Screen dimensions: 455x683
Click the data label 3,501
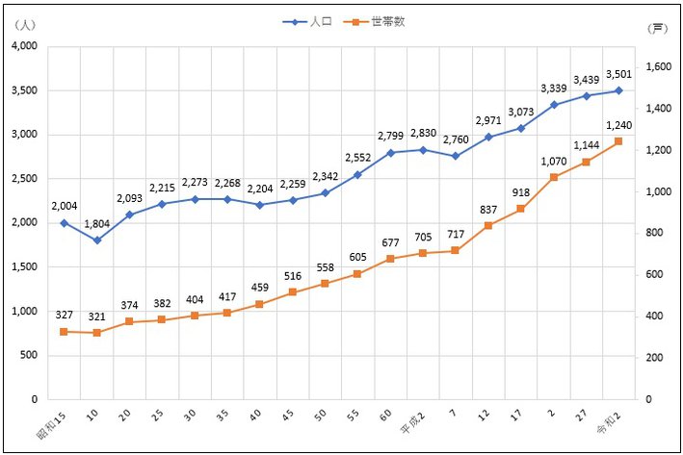pos(617,74)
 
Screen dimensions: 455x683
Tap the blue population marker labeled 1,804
pos(96,240)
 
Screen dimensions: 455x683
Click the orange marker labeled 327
pos(64,331)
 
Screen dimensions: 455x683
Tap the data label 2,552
pos(357,158)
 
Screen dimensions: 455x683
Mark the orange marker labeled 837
pos(488,225)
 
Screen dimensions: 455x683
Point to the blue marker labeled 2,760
pos(456,156)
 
